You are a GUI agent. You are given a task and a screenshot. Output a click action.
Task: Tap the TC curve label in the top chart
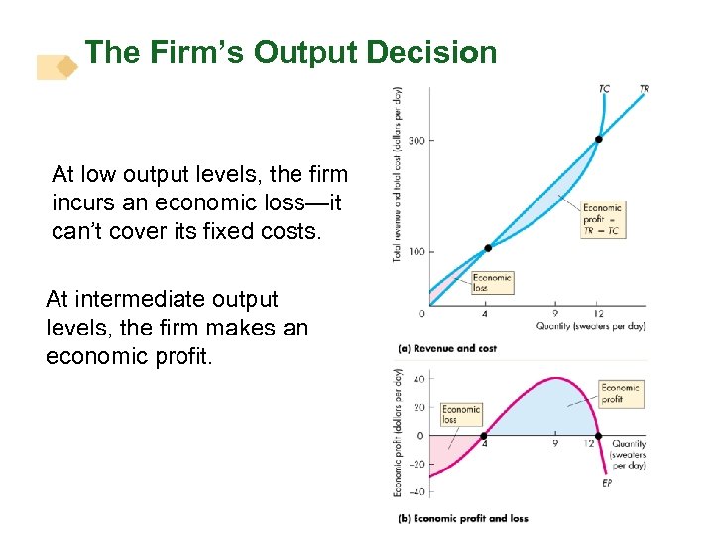pyautogui.click(x=604, y=89)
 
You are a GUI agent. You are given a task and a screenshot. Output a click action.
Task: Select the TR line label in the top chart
pyautogui.click(x=645, y=89)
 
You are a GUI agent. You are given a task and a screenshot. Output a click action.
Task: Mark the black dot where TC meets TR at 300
pyautogui.click(x=598, y=140)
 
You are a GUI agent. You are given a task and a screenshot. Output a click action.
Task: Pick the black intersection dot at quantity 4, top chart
pyautogui.click(x=487, y=248)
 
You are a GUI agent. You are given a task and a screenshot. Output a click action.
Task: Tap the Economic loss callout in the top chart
pyautogui.click(x=492, y=283)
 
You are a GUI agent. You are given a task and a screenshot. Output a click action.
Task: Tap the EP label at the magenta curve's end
pyautogui.click(x=608, y=483)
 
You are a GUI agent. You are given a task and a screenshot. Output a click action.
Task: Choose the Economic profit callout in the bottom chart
pyautogui.click(x=621, y=394)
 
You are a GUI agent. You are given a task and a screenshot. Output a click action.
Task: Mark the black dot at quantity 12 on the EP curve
pyautogui.click(x=598, y=435)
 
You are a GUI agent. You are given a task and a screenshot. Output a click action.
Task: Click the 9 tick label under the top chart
pyautogui.click(x=554, y=314)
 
